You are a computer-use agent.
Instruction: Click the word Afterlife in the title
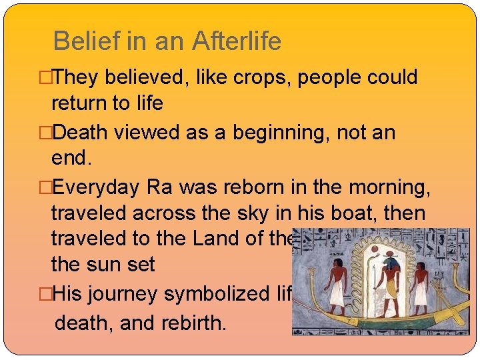tap(237, 42)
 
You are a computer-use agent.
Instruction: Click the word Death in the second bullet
tap(79, 133)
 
